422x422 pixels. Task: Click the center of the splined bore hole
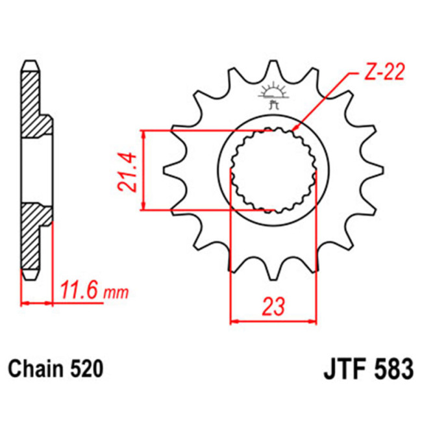273,170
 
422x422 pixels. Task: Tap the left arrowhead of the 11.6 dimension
25,303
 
